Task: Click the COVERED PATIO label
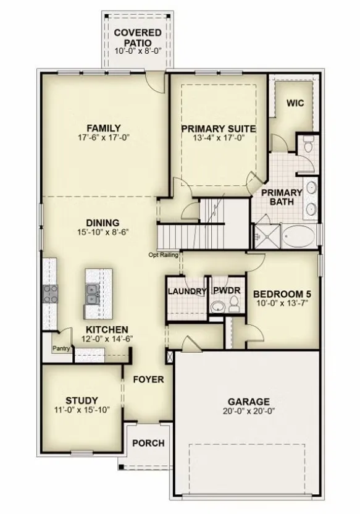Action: click(x=138, y=38)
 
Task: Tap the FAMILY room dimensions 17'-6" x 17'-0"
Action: click(x=104, y=137)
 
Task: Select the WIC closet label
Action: click(x=295, y=103)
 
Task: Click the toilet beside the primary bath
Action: click(x=308, y=144)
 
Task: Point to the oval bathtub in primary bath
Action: click(x=299, y=237)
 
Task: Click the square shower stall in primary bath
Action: click(x=267, y=237)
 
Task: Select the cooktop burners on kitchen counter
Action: click(x=50, y=293)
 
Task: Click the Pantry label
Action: click(x=61, y=348)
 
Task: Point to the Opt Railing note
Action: click(x=164, y=255)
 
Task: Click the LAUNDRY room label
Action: click(x=187, y=291)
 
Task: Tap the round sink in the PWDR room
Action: click(x=217, y=307)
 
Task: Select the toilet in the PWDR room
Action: click(x=234, y=304)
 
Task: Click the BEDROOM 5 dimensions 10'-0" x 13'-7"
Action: click(x=283, y=303)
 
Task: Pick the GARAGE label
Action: click(x=249, y=402)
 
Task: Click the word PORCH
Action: click(x=148, y=443)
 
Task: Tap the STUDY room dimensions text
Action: click(x=82, y=410)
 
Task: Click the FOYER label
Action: click(x=148, y=379)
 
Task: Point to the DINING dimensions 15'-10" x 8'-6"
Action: click(x=103, y=232)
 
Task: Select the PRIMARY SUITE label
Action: click(x=219, y=129)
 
